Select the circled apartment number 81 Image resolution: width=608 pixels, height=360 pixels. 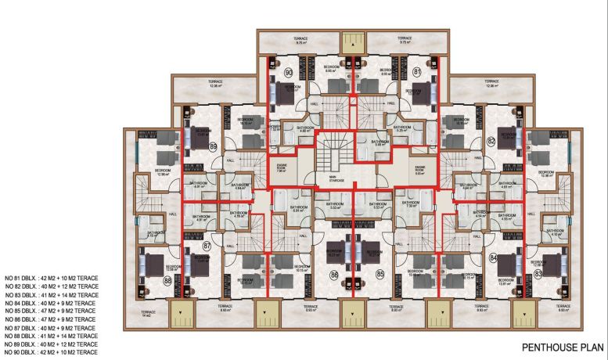pyautogui.click(x=417, y=73)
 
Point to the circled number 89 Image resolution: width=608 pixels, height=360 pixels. pyautogui.click(x=191, y=146)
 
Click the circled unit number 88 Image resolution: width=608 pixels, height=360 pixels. pyautogui.click(x=167, y=281)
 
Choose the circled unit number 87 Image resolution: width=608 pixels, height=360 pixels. pyautogui.click(x=207, y=246)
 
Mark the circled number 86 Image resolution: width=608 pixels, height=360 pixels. pyautogui.click(x=334, y=275)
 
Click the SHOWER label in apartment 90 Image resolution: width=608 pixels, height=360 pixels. pyautogui.click(x=275, y=126)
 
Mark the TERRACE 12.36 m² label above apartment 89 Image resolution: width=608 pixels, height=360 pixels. pyautogui.click(x=217, y=84)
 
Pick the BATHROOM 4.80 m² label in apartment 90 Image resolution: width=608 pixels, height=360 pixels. pyautogui.click(x=304, y=129)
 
